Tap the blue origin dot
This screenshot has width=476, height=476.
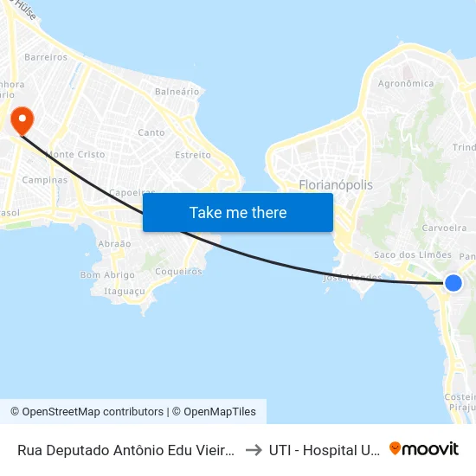coord(453,283)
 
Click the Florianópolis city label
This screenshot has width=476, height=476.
coord(336,185)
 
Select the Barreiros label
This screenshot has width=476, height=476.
coord(47,57)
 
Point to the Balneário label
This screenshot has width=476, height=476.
coord(171,91)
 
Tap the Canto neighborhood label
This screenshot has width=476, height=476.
coord(151,132)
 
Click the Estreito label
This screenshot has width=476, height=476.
coord(192,155)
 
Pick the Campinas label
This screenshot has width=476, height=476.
coord(45,180)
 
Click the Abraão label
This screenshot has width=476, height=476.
coord(115,244)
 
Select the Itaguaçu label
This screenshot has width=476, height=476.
coord(124,292)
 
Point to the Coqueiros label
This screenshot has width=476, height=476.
coord(178,271)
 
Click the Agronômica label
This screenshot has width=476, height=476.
coord(406,84)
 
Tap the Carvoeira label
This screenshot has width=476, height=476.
coord(444,229)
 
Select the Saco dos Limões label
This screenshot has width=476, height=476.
coord(412,254)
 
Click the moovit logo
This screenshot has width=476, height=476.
coord(424,449)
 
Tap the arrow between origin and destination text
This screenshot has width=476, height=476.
coord(253,450)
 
